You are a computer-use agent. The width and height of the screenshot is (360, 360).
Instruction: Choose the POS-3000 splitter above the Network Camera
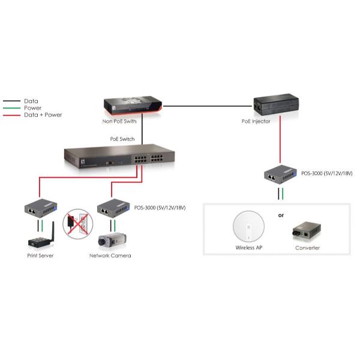click(x=113, y=208)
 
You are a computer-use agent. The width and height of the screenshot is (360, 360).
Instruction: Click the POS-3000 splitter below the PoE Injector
click(x=279, y=176)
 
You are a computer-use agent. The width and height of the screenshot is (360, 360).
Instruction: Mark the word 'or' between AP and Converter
click(x=281, y=215)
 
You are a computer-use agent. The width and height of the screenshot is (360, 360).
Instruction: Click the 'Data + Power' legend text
click(x=43, y=115)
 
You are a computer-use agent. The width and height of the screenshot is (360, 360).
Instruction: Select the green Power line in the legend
click(x=11, y=108)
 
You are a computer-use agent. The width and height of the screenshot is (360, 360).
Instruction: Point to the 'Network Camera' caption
click(x=110, y=256)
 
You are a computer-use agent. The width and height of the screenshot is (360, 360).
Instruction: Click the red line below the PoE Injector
click(x=278, y=144)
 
